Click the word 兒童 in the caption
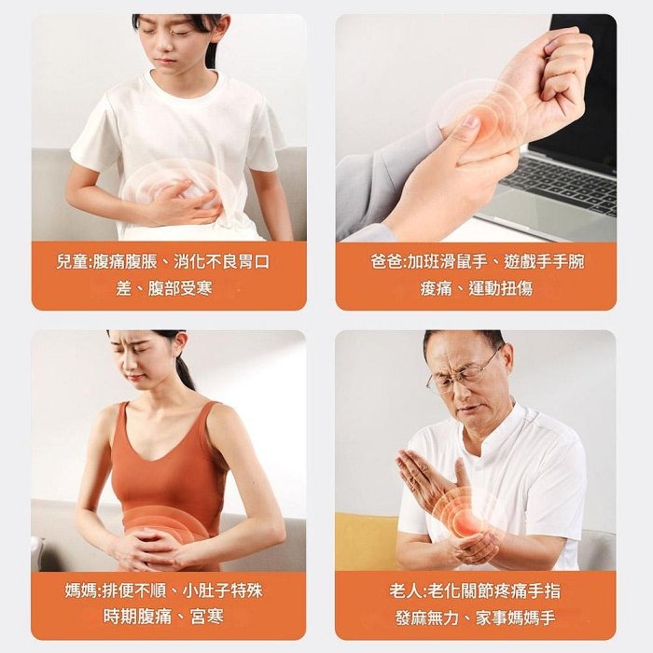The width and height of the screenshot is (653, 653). tap(74, 262)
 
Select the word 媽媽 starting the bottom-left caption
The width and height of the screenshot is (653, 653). tap(81, 590)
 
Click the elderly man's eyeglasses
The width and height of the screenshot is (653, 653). tap(465, 376)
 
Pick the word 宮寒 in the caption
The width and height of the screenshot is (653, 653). tap(203, 617)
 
